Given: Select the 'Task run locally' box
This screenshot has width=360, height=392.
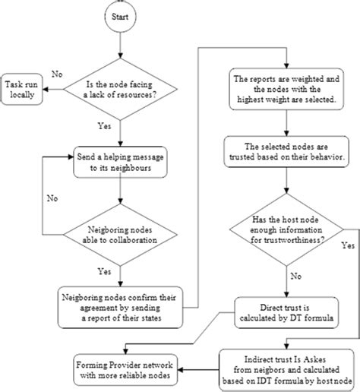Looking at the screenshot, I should pos(22,88).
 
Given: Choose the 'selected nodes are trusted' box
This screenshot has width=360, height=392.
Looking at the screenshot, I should pos(285,152).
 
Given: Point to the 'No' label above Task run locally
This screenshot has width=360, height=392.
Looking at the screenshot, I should pos(56,74).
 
